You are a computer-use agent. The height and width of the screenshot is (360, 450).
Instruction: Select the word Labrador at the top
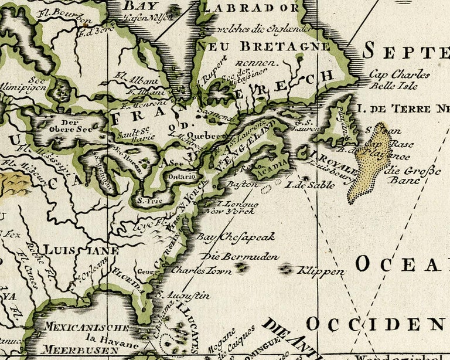250,8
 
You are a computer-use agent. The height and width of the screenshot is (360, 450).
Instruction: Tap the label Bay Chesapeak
235,237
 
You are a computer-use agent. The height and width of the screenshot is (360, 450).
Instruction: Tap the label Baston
242,184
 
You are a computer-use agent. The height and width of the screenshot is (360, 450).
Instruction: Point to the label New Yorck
224,210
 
